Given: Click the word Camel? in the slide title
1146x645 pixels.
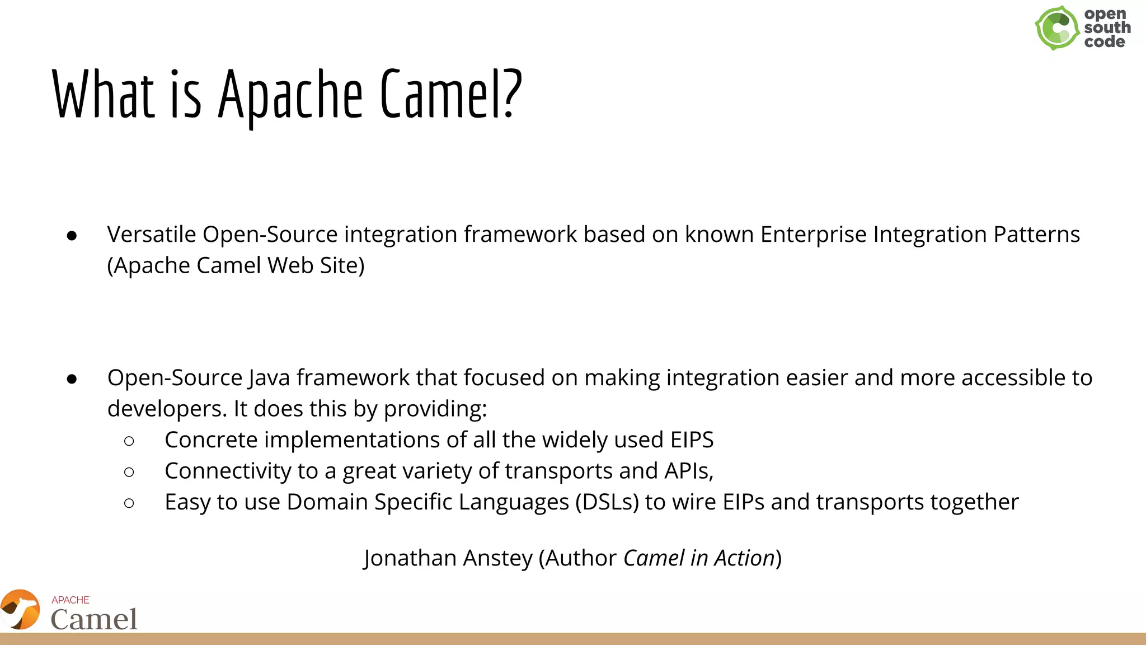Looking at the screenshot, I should [451, 94].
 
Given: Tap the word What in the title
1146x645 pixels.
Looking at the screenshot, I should [103, 94].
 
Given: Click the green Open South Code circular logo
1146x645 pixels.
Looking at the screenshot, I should [1056, 28].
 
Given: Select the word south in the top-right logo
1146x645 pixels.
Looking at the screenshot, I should [1107, 27].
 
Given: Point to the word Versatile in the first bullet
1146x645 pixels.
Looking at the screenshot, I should [151, 235].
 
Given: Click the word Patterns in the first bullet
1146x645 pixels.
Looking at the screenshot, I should [1036, 235].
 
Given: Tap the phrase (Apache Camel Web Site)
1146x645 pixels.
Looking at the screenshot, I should [236, 265].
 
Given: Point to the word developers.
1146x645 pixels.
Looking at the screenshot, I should [167, 409].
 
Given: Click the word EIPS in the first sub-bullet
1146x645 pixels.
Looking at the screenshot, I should [692, 440].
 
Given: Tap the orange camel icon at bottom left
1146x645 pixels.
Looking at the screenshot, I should [20, 609].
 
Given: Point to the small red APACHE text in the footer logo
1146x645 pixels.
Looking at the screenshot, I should [71, 600].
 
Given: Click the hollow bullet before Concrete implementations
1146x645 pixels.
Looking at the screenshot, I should [129, 441].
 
